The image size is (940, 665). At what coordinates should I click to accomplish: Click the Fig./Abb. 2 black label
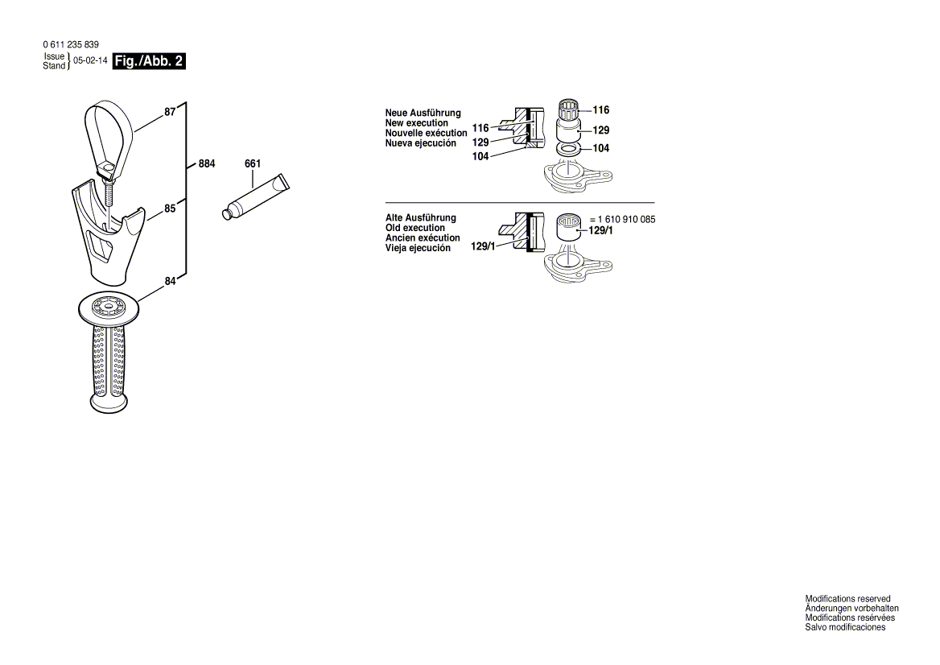tap(149, 61)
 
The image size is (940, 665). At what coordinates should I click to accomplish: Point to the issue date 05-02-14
tap(90, 61)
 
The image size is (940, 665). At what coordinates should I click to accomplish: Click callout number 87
tap(170, 113)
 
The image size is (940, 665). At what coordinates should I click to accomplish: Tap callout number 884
tap(207, 164)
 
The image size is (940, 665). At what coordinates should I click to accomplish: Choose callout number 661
tap(253, 164)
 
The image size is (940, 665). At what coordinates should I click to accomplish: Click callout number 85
tap(170, 209)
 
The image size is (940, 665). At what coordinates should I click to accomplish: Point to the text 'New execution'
tap(416, 123)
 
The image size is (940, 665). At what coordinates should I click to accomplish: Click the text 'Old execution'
tap(414, 228)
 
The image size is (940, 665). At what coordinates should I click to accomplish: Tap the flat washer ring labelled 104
tap(570, 149)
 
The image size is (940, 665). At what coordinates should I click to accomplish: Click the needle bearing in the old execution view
tap(570, 226)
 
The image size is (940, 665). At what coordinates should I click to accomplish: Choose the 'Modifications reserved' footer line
tap(847, 599)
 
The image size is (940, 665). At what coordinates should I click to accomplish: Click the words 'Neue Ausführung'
tap(423, 114)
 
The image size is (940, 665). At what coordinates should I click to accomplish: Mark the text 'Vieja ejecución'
tap(418, 248)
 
